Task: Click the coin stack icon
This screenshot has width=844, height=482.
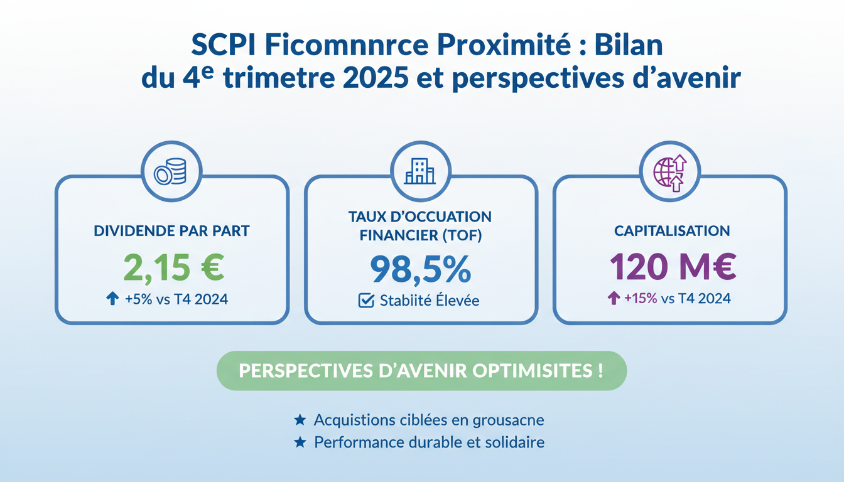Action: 171,171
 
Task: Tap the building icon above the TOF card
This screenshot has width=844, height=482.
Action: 420,171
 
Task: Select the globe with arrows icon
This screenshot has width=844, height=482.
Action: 669,171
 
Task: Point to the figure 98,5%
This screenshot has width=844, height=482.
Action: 420,269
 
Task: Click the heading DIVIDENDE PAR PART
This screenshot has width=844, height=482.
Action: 171,231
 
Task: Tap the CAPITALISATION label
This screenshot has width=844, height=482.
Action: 672,231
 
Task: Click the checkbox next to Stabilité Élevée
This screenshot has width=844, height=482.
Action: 366,301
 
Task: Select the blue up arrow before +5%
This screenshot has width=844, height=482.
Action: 112,299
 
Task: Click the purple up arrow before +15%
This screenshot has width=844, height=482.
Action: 614,299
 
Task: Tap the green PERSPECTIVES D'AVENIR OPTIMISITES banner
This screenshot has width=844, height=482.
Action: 421,370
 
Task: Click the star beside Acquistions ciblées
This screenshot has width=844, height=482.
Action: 300,420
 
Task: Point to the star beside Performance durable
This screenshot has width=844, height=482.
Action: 300,442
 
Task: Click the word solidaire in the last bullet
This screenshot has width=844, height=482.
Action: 514,442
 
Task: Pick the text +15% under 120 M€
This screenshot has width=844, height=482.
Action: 640,299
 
